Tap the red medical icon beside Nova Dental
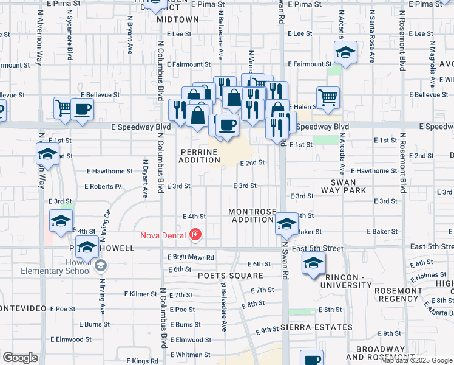pos(195,234)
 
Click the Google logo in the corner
pos(20,358)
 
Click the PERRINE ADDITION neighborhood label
pos(199,156)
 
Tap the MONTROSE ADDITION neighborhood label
pos(251,215)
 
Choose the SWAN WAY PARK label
pos(348,186)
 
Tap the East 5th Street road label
pos(317,248)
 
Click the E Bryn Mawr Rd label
pos(191,257)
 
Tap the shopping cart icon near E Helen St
pos(328,97)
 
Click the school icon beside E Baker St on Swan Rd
pos(286,224)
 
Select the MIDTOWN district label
pos(178,19)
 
